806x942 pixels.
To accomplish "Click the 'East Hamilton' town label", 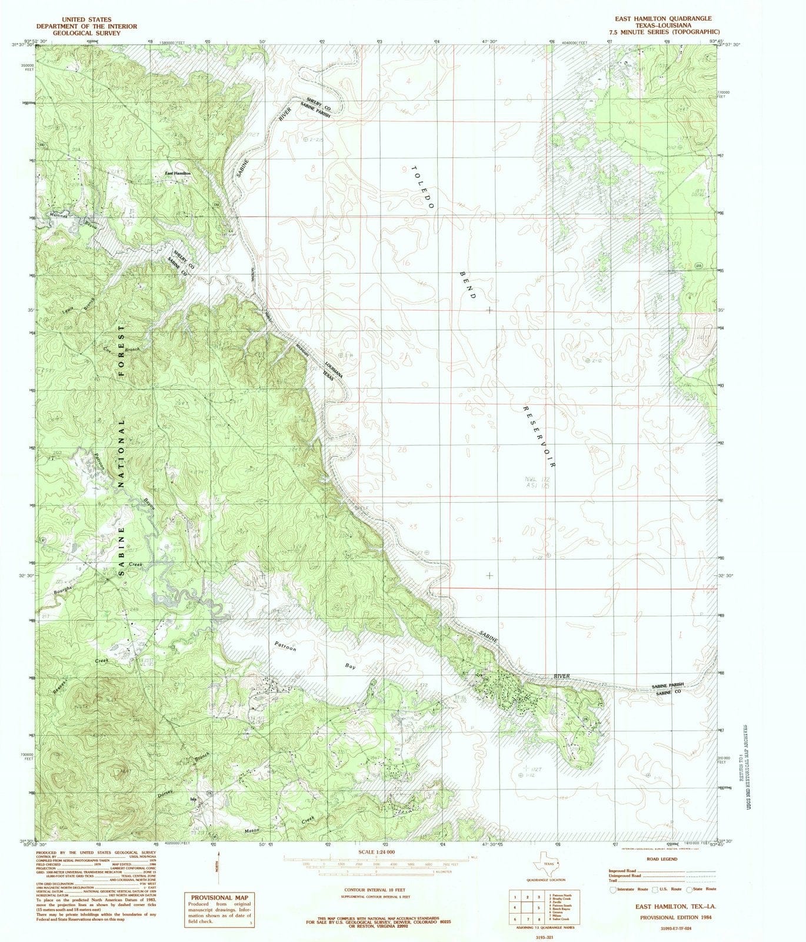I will coord(178,174).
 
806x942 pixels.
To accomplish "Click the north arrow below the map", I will coord(218,867).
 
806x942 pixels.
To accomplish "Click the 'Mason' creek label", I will coord(252,831).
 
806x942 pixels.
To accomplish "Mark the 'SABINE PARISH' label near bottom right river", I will coord(668,686).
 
